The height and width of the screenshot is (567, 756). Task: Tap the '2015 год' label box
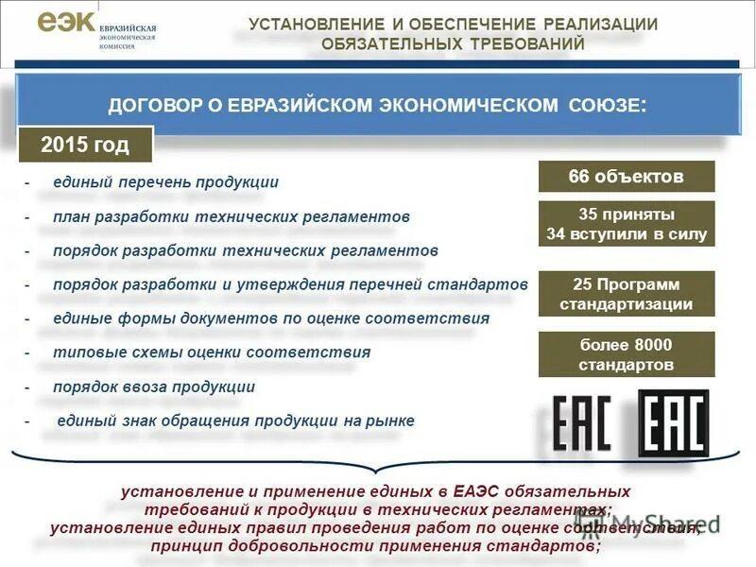pyautogui.click(x=85, y=145)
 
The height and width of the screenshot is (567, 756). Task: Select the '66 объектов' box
pyautogui.click(x=626, y=177)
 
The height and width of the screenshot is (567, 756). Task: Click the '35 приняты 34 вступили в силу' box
pyautogui.click(x=626, y=224)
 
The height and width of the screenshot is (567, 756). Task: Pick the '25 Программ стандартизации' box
pyautogui.click(x=626, y=294)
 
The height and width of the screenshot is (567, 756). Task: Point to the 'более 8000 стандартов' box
pyautogui.click(x=626, y=353)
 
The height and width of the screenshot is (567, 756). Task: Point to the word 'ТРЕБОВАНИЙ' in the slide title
pyautogui.click(x=530, y=43)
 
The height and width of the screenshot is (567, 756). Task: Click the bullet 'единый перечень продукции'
pyautogui.click(x=165, y=182)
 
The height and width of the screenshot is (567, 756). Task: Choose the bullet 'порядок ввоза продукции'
pyautogui.click(x=154, y=387)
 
